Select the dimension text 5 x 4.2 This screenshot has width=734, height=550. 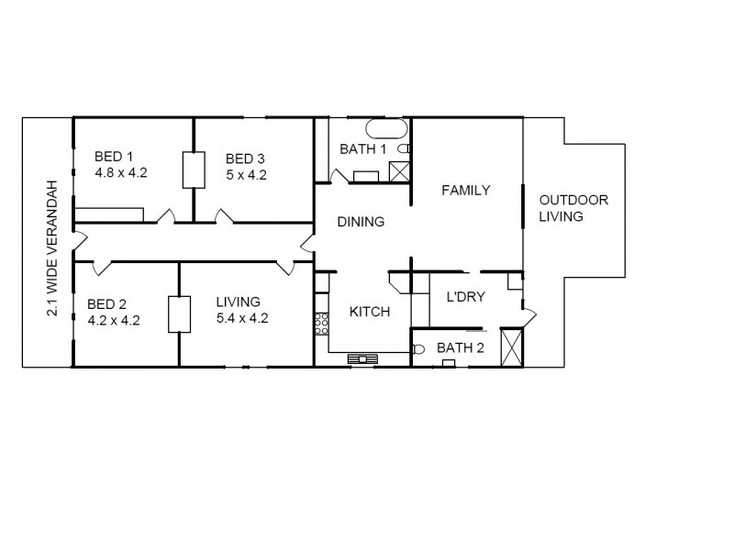(x=245, y=176)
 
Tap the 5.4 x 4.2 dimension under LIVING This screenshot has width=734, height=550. (x=241, y=319)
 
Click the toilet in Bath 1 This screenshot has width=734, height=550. (x=406, y=148)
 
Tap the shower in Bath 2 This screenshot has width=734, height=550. (x=513, y=348)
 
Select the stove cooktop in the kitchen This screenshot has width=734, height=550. (x=322, y=324)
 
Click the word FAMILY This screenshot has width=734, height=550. (x=465, y=191)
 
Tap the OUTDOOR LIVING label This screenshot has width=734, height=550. (x=573, y=208)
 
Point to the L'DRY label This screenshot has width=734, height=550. (x=465, y=297)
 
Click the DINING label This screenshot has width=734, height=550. (x=361, y=221)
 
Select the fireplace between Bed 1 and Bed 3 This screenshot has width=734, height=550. (x=194, y=170)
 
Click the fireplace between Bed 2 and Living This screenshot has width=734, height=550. (x=179, y=314)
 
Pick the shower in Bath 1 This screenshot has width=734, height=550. (x=399, y=171)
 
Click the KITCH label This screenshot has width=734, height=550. (x=370, y=312)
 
